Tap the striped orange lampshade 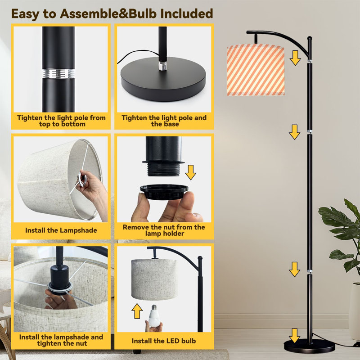pyautogui.click(x=256, y=70)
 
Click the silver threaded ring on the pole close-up pyautogui.click(x=58, y=73)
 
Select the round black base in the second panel pyautogui.click(x=163, y=79)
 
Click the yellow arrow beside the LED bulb pyautogui.click(x=137, y=311)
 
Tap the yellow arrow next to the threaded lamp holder pyautogui.click(x=190, y=172)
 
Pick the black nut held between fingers pyautogui.click(x=164, y=192)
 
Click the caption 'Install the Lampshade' pyautogui.click(x=61, y=230)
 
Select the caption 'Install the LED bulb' pyautogui.click(x=164, y=341)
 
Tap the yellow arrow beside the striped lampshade pyautogui.click(x=295, y=58)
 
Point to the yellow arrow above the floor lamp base pyautogui.click(x=295, y=336)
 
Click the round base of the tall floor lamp pyautogui.click(x=309, y=346)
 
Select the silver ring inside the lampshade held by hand pyautogui.click(x=82, y=178)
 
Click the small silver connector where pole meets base pyautogui.click(x=162, y=66)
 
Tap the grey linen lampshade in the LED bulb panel pyautogui.click(x=154, y=279)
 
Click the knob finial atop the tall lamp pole pyautogui.click(x=310, y=38)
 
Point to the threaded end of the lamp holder pyautogui.click(x=163, y=169)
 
